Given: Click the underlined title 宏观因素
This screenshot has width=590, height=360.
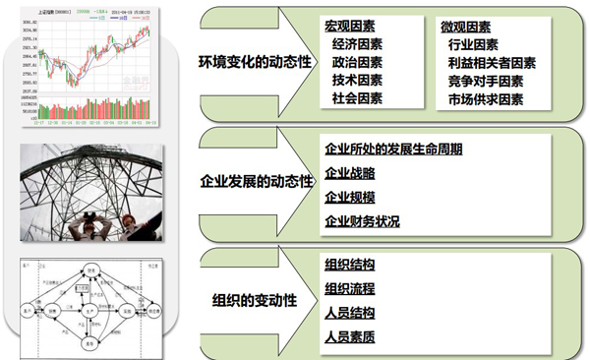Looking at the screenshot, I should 351,25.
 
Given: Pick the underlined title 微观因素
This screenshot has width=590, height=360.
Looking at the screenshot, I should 464,25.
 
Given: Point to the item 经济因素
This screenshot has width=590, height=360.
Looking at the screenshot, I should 358,43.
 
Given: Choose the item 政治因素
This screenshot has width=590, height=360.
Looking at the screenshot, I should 358,62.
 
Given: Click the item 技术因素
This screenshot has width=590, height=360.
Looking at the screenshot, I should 358,81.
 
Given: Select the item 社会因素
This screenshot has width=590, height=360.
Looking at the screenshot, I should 358,99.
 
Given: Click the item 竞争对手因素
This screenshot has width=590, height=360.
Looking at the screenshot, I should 484,81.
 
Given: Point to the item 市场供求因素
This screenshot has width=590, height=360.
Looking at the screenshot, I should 484,99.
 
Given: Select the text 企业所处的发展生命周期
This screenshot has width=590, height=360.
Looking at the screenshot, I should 393,150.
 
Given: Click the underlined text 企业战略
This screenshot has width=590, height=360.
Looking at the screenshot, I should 349,173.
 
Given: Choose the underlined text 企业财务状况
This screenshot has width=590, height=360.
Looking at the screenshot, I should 362,221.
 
